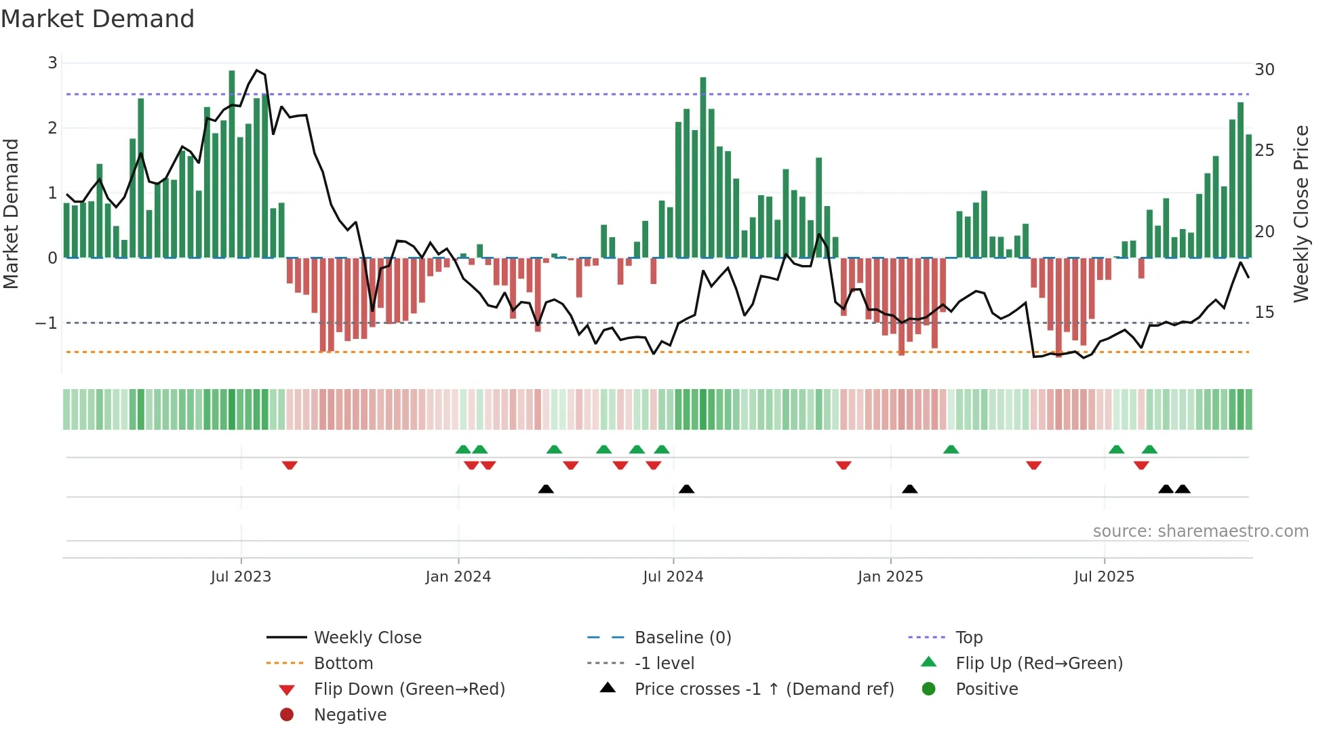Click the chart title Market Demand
[98, 19]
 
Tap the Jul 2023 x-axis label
[241, 577]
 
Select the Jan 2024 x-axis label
[458, 577]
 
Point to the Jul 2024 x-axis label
[673, 577]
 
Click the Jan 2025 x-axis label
[890, 577]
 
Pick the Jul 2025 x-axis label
[1104, 577]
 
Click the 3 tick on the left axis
[52, 63]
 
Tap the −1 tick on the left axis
[46, 323]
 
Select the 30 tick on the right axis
[1265, 70]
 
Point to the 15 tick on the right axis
[1265, 312]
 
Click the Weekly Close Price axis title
[1301, 214]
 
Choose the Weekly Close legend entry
[367, 638]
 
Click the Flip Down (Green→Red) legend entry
[409, 689]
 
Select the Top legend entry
[969, 638]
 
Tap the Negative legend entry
[350, 715]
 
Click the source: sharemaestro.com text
[1200, 531]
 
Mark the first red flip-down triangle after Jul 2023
[290, 466]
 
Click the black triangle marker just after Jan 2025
[909, 489]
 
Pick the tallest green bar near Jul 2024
[703, 167]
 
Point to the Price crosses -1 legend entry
[763, 689]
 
